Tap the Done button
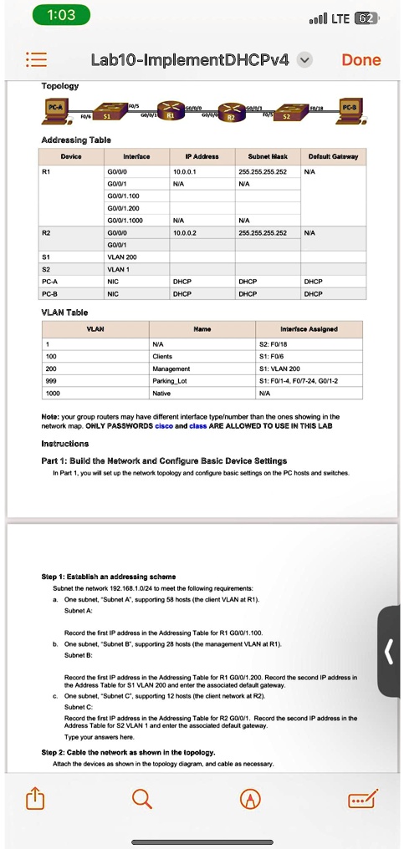[361, 60]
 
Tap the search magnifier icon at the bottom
[143, 800]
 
